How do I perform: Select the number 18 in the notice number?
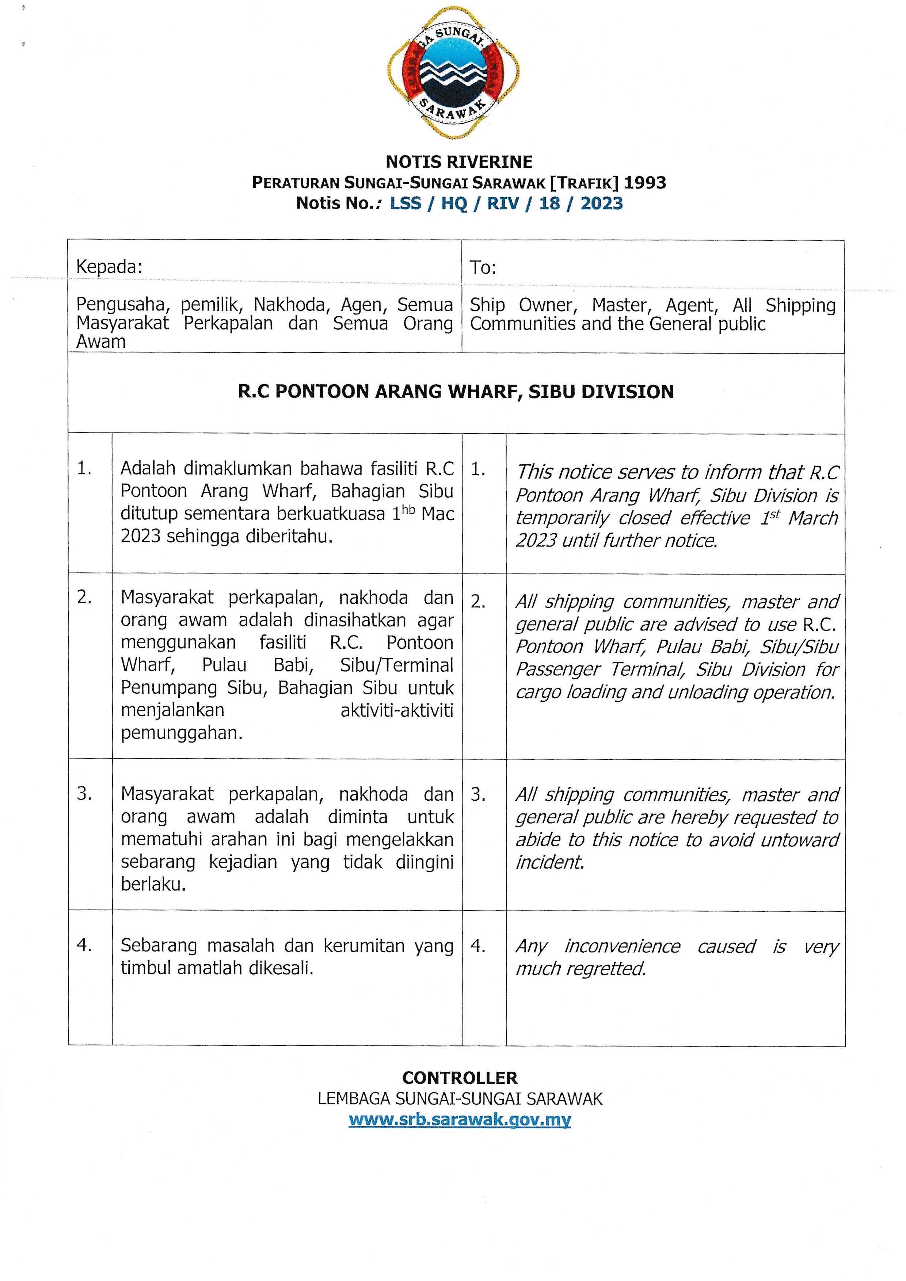(549, 203)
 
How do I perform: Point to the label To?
(483, 268)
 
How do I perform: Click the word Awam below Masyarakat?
(100, 342)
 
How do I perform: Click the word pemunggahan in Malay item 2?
(181, 733)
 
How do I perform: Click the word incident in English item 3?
(549, 862)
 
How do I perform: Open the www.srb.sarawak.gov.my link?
(460, 1120)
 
